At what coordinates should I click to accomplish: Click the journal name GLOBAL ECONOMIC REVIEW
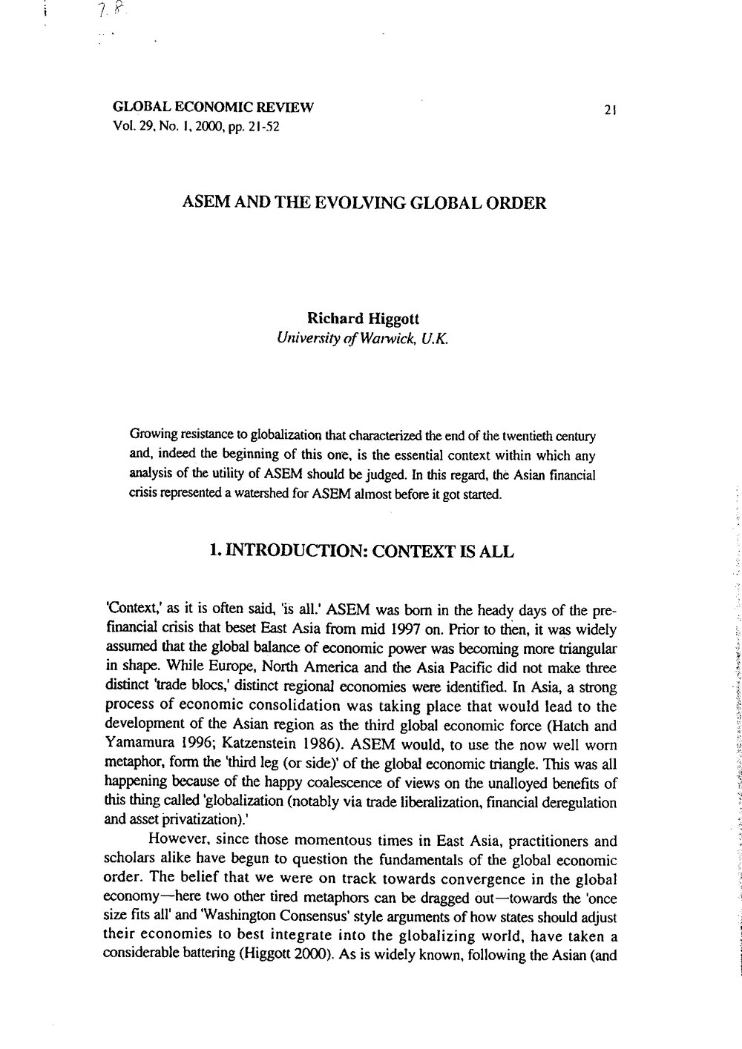pyautogui.click(x=212, y=107)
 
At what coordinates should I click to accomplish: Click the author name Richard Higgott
pyautogui.click(x=363, y=317)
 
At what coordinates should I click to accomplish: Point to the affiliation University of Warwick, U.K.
pyautogui.click(x=363, y=338)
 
